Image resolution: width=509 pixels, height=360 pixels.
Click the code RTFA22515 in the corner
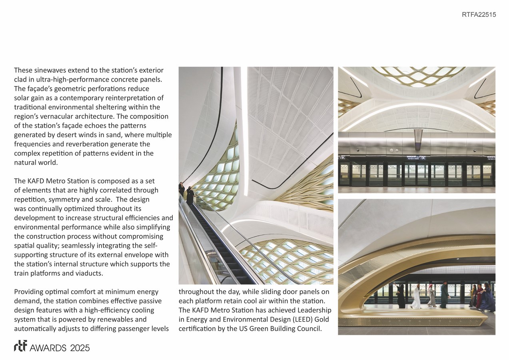(479, 15)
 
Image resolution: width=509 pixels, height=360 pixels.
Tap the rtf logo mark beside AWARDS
(20, 347)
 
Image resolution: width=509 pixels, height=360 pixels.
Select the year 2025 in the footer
(80, 348)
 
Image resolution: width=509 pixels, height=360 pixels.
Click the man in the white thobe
(416, 297)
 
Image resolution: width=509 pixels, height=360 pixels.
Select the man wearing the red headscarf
(431, 295)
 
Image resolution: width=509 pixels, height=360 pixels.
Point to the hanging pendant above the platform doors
(418, 138)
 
